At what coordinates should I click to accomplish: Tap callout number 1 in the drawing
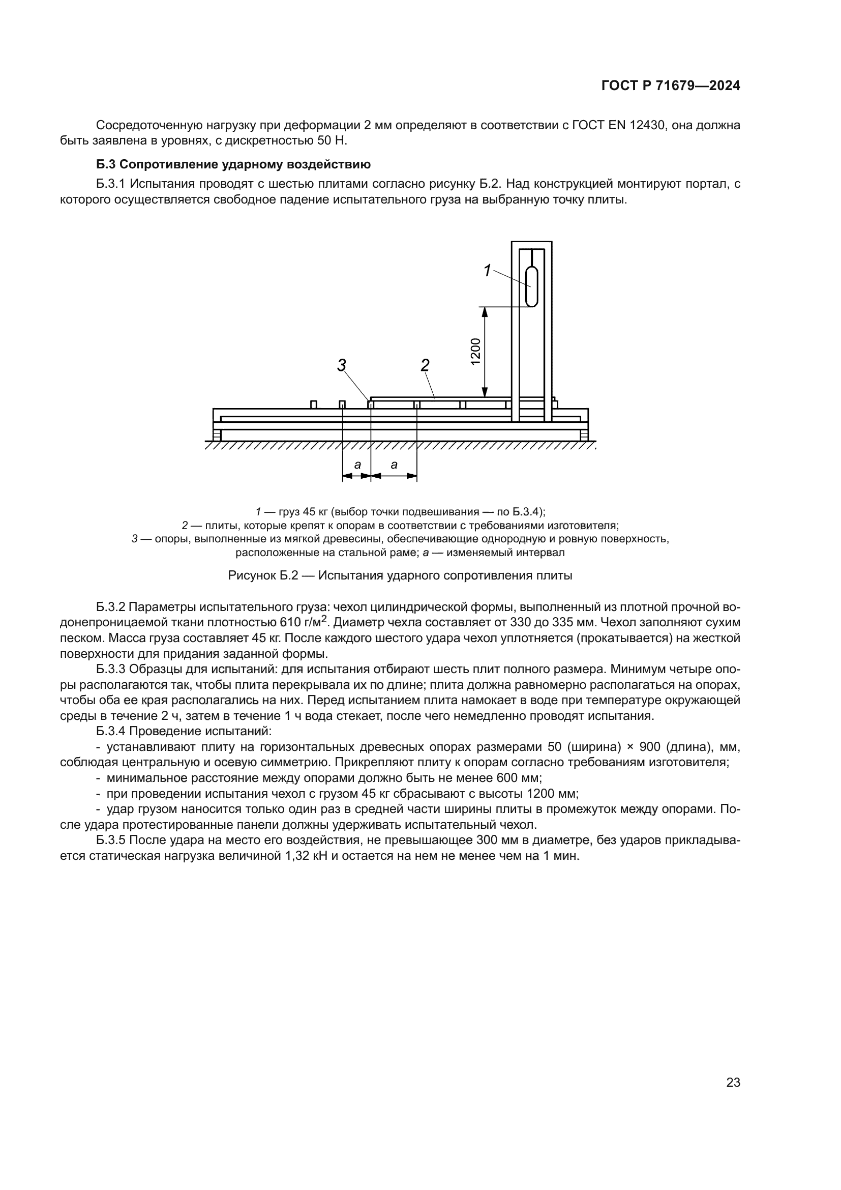point(487,270)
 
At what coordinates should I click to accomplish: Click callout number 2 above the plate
point(425,365)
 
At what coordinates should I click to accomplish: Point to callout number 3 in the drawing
point(341,365)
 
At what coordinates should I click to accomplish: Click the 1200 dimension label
point(475,352)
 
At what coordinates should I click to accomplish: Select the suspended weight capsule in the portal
point(531,286)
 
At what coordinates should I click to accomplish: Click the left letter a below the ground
point(357,465)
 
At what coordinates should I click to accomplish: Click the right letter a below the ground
point(394,465)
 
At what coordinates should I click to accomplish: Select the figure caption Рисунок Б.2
point(400,575)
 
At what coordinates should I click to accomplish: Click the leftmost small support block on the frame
point(313,404)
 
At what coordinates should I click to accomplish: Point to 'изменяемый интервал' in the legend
point(505,553)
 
